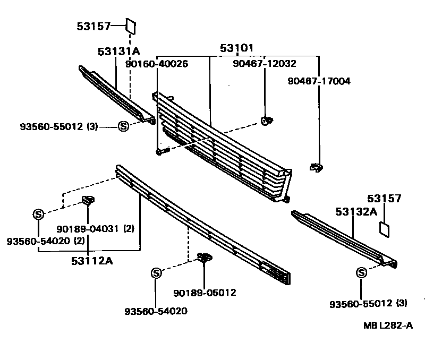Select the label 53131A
(118, 52)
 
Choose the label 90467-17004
(319, 81)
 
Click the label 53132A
(356, 211)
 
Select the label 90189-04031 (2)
(95, 229)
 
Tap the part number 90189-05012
(205, 293)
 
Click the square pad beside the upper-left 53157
(131, 25)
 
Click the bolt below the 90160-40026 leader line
(161, 152)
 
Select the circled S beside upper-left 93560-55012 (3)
(123, 126)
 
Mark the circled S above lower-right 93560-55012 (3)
(361, 273)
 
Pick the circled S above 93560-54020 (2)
(38, 214)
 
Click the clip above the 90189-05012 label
(204, 258)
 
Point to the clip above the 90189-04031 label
(88, 201)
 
